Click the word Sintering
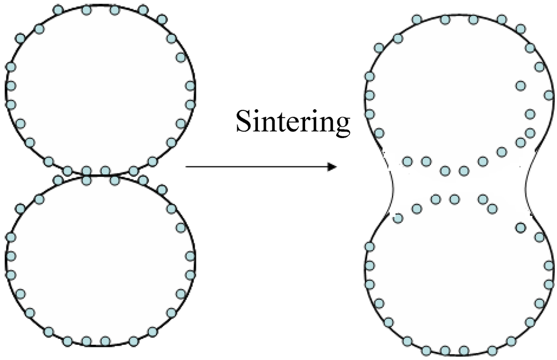[x=292, y=122]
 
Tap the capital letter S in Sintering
[x=243, y=122]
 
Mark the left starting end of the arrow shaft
[x=187, y=167]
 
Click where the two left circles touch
[x=100, y=175]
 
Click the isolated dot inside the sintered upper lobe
[x=521, y=85]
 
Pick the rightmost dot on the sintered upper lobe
[x=548, y=95]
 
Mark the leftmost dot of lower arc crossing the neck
[x=398, y=218]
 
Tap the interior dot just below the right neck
[x=521, y=227]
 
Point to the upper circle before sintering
[x=100, y=90]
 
